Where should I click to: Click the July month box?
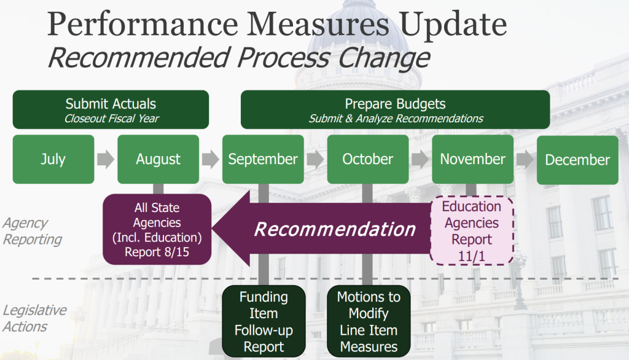click(x=53, y=159)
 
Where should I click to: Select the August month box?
click(x=158, y=159)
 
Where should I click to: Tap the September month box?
click(x=263, y=159)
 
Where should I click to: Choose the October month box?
click(x=368, y=159)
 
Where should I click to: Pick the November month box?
click(x=472, y=159)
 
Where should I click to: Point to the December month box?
click(x=577, y=160)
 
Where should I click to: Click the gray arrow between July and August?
click(x=106, y=159)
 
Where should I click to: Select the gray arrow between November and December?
click(x=525, y=159)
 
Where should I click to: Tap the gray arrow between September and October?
click(x=316, y=159)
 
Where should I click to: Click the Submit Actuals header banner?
click(x=111, y=109)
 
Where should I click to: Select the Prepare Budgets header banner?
click(x=395, y=109)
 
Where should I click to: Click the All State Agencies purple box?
click(x=157, y=230)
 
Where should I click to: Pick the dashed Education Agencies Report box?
click(x=472, y=231)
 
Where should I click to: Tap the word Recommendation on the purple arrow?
click(x=335, y=230)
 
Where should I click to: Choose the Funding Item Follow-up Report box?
click(x=264, y=321)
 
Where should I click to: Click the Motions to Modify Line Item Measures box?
click(x=369, y=321)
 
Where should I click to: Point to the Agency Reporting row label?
click(x=32, y=231)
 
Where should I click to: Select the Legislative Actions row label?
click(x=34, y=318)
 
